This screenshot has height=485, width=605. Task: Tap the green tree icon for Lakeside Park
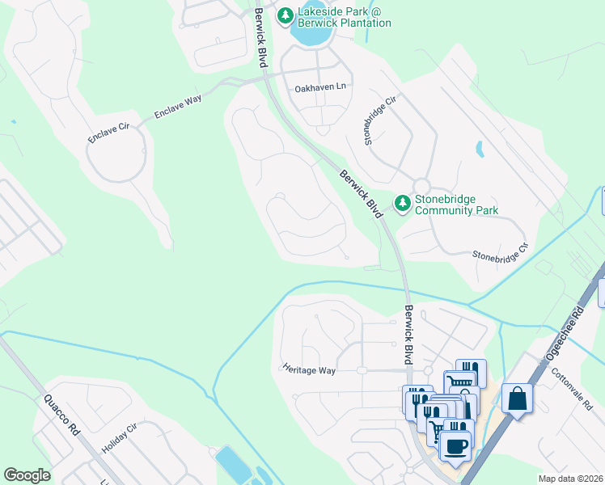tap(285, 16)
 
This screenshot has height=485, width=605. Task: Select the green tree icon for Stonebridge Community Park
tap(403, 204)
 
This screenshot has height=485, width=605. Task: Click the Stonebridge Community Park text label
tap(456, 205)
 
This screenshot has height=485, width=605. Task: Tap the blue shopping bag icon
tap(517, 400)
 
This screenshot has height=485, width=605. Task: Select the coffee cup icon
tap(455, 446)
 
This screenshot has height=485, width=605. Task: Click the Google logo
tap(27, 475)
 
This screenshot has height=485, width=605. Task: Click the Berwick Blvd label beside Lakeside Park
tap(260, 38)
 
